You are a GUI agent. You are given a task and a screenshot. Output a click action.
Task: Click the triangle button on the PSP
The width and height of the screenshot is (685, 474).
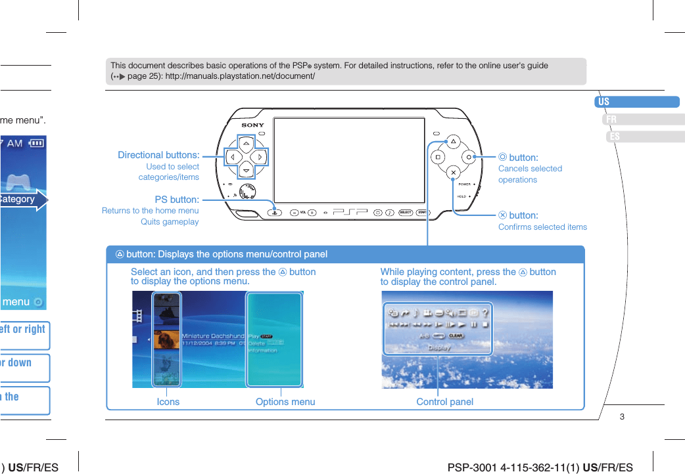tap(453, 141)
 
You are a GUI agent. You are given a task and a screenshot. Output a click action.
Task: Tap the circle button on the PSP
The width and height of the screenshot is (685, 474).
tap(469, 157)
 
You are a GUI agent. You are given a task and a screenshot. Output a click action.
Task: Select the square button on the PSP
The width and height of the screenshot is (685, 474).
tap(437, 157)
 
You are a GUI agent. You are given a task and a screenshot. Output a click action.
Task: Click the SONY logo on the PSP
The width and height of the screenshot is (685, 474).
tap(252, 125)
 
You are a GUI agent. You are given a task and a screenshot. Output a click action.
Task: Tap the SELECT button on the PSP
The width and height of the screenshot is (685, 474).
tap(406, 213)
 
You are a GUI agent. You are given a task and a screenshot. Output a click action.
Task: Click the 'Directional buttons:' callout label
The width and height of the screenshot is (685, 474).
tap(158, 155)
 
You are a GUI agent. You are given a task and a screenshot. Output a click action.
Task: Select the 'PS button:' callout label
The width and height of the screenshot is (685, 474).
tap(176, 200)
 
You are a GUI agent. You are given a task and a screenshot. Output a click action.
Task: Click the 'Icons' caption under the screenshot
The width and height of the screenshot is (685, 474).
tap(168, 402)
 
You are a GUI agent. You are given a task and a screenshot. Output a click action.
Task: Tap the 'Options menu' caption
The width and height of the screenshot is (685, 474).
tap(285, 402)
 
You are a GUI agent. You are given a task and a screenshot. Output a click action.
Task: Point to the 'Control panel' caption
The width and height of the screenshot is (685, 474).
tap(445, 402)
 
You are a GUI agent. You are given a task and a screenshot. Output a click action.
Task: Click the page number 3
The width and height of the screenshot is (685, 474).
tap(622, 417)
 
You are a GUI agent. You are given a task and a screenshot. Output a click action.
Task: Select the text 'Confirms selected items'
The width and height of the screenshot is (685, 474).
tap(542, 227)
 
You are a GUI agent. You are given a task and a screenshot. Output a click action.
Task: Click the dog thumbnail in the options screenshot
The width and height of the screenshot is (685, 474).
tap(166, 340)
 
